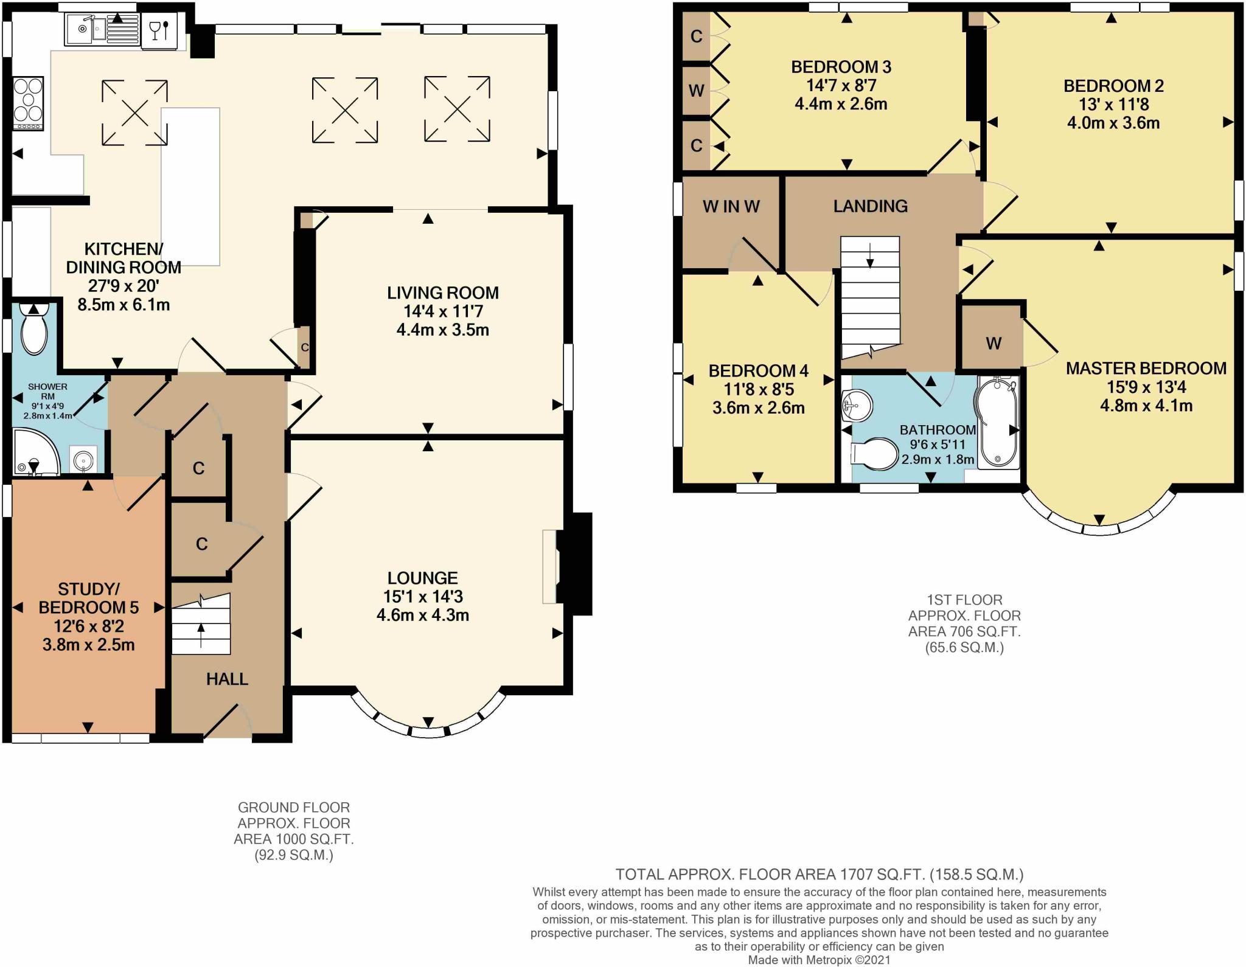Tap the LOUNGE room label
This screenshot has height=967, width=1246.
pyautogui.click(x=423, y=578)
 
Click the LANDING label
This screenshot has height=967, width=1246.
pyautogui.click(x=870, y=206)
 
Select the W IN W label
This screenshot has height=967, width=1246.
pyautogui.click(x=731, y=207)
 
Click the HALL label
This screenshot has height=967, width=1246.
pyautogui.click(x=227, y=679)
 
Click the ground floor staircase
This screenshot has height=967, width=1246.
pyautogui.click(x=201, y=624)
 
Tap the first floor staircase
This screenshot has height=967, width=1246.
pyautogui.click(x=870, y=298)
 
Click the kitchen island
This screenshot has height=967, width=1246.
pyautogui.click(x=190, y=187)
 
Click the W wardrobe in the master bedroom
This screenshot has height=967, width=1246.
pyautogui.click(x=993, y=344)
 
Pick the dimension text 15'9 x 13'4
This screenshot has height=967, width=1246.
pyautogui.click(x=1146, y=387)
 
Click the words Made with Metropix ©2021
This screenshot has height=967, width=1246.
pyautogui.click(x=819, y=960)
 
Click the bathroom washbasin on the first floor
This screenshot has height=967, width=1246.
pyautogui.click(x=858, y=404)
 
